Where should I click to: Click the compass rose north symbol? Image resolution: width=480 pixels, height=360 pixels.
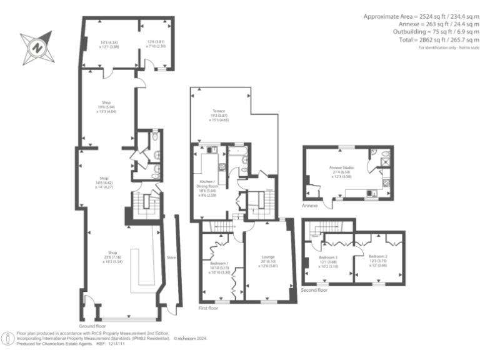36,47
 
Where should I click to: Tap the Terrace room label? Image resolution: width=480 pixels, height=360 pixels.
218,111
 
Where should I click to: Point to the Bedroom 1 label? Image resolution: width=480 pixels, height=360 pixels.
219,264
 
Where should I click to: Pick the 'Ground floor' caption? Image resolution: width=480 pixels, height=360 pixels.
92,326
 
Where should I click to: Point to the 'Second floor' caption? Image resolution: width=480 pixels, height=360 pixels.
314,290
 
